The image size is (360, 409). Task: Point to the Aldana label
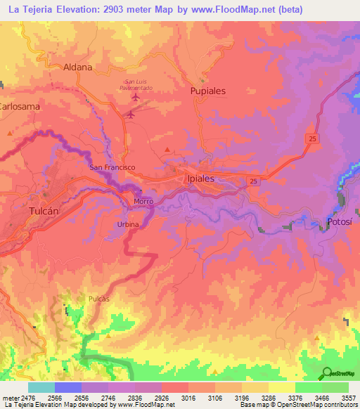pyautogui.click(x=77, y=67)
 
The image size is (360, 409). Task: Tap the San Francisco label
pyautogui.click(x=112, y=168)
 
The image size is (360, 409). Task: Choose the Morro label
pyautogui.click(x=143, y=202)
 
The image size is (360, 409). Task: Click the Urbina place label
pyautogui.click(x=128, y=224)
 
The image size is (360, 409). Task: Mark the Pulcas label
pyautogui.click(x=99, y=299)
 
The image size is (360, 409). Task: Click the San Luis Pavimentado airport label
pyautogui.click(x=134, y=84)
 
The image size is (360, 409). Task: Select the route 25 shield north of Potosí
pyautogui.click(x=311, y=139)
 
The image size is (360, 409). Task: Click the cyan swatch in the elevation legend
pyautogui.click(x=41, y=387)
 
